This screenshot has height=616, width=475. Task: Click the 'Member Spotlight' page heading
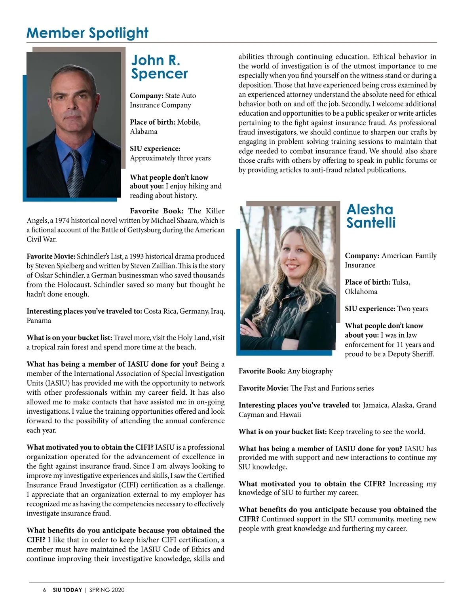[x=87, y=33]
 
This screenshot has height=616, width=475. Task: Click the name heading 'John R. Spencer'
[x=160, y=67]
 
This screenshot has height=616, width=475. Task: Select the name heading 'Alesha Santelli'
[x=371, y=216]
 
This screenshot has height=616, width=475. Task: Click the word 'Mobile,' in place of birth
[x=189, y=122]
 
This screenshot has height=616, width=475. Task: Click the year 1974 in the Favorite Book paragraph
[x=62, y=221]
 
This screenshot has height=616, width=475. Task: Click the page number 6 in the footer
[x=45, y=590]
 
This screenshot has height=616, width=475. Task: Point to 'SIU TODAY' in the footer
[x=67, y=590]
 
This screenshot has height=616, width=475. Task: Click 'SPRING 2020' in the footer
[x=107, y=590]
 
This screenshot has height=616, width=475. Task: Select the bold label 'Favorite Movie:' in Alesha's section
[x=264, y=388]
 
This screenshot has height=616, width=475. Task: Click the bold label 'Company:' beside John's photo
[x=146, y=96]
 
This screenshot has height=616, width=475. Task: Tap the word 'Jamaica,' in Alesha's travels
[x=375, y=405]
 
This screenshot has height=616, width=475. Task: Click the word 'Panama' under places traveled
[x=39, y=321]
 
